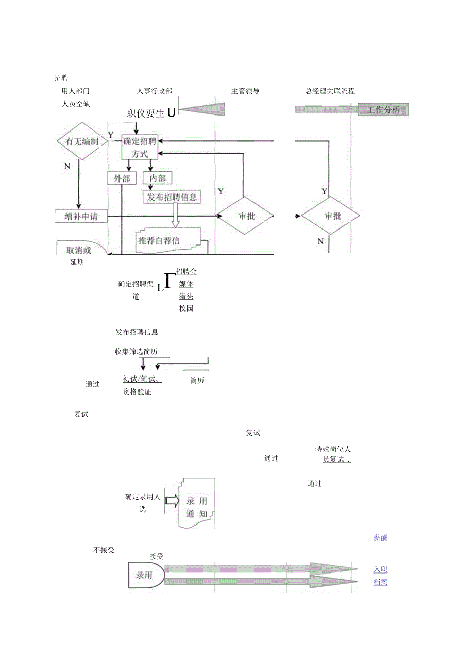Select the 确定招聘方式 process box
pyautogui.click(x=139, y=148)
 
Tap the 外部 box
pyautogui.click(x=122, y=178)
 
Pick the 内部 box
pyautogui.click(x=157, y=178)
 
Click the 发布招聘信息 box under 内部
pyautogui.click(x=172, y=197)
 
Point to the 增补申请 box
pyautogui.click(x=81, y=216)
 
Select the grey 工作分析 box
pyautogui.click(x=383, y=109)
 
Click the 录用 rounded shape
pyautogui.click(x=146, y=575)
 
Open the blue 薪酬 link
pyautogui.click(x=380, y=537)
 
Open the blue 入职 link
pyautogui.click(x=380, y=569)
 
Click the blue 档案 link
pyautogui.click(x=380, y=582)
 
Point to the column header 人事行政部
pyautogui.click(x=155, y=91)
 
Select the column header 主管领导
pyautogui.click(x=245, y=91)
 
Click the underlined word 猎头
pyautogui.click(x=186, y=296)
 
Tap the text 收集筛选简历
pyautogui.click(x=136, y=352)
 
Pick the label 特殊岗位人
pyautogui.click(x=333, y=449)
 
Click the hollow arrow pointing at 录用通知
pyautogui.click(x=172, y=500)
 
